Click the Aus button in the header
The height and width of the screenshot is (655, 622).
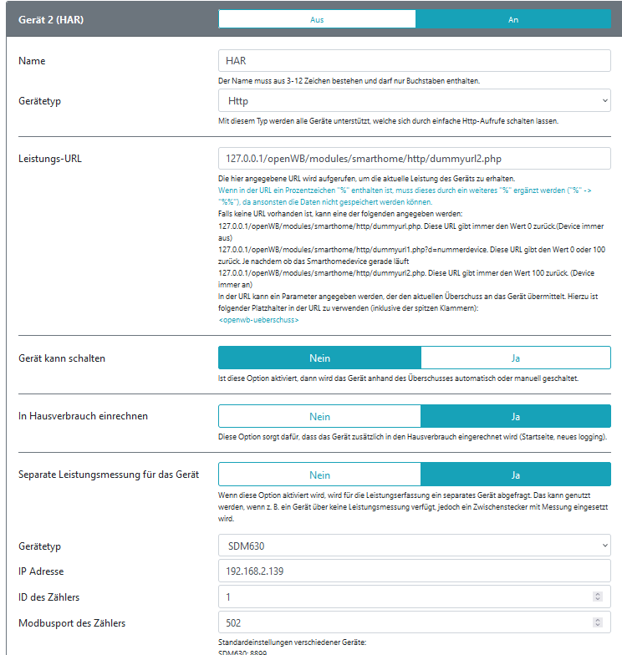pos(317,19)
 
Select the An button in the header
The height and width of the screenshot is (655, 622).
pos(513,19)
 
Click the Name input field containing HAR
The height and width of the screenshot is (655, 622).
pos(414,61)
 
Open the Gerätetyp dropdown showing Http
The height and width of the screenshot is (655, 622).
pos(414,101)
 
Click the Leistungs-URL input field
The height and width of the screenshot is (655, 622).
pos(414,158)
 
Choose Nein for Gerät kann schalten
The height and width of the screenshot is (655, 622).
pos(319,358)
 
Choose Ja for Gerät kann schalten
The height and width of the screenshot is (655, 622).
pos(516,358)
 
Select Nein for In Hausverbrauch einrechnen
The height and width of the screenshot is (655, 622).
pos(319,416)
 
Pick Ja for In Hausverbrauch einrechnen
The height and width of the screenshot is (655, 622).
pos(516,416)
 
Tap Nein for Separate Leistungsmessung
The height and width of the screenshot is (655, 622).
pos(319,475)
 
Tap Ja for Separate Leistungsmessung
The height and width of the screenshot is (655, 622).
pos(516,475)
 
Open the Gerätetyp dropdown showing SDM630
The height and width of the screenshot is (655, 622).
pos(414,546)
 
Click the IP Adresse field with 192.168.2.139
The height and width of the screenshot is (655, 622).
pos(414,571)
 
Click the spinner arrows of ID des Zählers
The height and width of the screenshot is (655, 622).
pos(597,597)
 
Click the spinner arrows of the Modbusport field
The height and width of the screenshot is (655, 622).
pos(597,622)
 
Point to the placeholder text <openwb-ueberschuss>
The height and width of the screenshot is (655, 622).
pos(259,320)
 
